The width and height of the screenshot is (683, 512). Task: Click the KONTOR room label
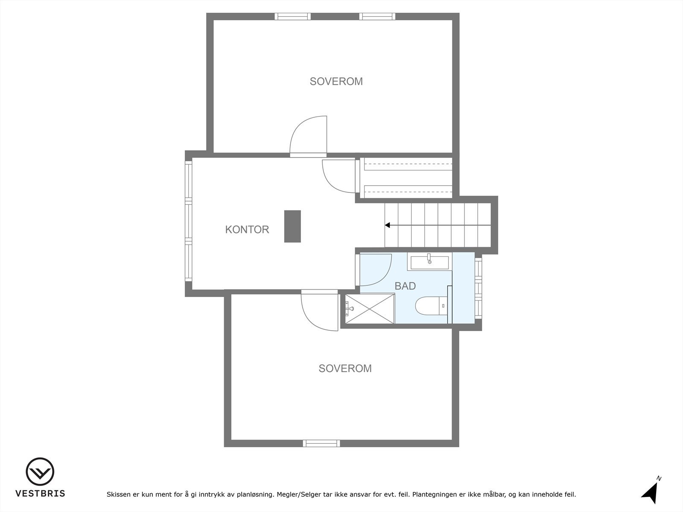[247, 230]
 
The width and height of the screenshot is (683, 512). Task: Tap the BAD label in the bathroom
[405, 286]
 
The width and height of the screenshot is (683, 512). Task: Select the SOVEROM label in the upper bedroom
[336, 81]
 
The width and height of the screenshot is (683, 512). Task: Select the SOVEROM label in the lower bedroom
[345, 368]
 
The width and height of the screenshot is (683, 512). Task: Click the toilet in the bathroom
[429, 306]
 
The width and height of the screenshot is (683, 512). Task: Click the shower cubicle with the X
[370, 309]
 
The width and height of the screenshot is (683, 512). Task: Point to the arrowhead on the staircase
[388, 225]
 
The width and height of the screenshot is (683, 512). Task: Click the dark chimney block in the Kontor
[292, 226]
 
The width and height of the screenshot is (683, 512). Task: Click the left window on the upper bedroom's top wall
[292, 17]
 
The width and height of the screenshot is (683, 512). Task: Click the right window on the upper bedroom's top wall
[377, 17]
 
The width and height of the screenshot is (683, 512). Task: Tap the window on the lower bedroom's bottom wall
[321, 443]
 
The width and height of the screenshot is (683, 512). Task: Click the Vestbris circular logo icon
[40, 472]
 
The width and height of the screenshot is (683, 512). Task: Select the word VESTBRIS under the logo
[40, 494]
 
